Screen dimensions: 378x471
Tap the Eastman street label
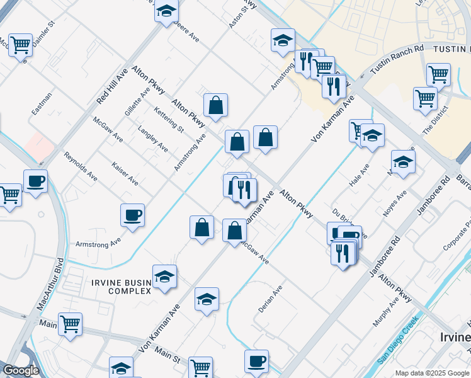[42, 104]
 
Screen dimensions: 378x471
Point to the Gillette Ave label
[137, 101]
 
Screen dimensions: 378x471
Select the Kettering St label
[168, 120]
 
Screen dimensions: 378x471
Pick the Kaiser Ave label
[125, 173]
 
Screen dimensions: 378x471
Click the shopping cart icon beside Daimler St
[21, 45]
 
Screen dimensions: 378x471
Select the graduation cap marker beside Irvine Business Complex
[164, 277]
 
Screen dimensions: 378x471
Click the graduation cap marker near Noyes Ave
[403, 161]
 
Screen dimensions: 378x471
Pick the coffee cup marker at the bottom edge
[256, 362]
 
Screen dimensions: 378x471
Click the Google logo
[21, 370]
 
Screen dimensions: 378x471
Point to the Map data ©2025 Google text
[432, 373]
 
